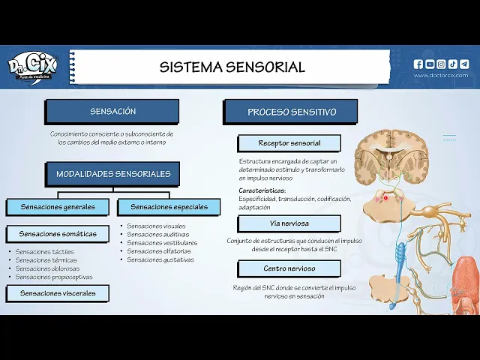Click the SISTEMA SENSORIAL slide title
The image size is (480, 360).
[x=232, y=67]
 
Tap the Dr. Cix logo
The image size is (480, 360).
[x=34, y=67]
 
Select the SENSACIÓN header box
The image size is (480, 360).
[x=112, y=112]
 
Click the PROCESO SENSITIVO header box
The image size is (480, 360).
[x=291, y=112]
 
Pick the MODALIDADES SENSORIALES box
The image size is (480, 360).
[x=113, y=174]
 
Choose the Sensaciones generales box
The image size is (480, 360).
[x=58, y=207]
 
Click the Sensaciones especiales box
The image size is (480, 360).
[x=169, y=207]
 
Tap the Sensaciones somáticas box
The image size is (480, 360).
[x=58, y=234]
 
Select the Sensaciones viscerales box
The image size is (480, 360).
[x=58, y=293]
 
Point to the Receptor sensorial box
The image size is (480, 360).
[x=289, y=143]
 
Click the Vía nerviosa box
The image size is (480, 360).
[x=289, y=223]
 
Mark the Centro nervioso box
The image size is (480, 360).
[x=289, y=268]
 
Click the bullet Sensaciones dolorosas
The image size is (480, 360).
[x=47, y=268]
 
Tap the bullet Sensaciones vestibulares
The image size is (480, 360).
[x=162, y=243]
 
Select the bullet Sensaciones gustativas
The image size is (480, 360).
[x=160, y=260]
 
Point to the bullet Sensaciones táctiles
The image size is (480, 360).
[x=45, y=252]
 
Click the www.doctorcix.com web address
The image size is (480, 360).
[x=441, y=75]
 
